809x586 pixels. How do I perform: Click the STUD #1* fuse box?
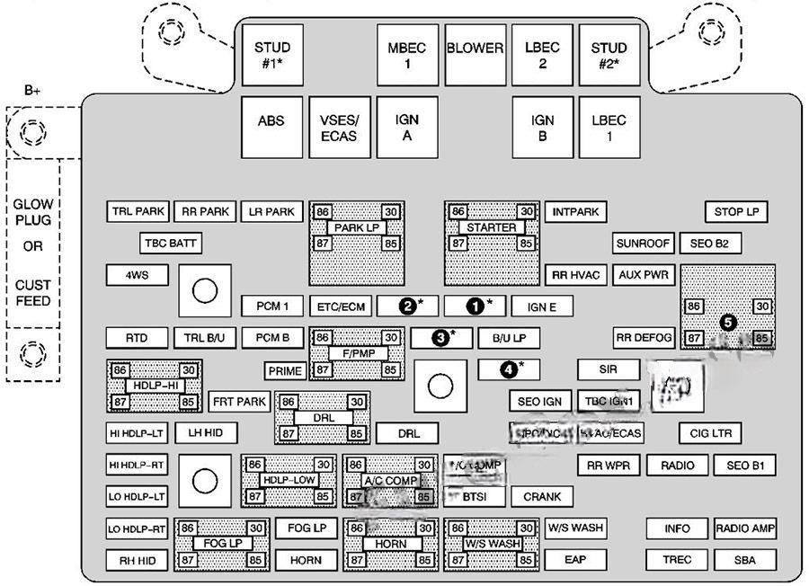click(271, 55)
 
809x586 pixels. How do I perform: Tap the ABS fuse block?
click(271, 127)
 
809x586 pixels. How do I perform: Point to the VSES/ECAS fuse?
click(339, 127)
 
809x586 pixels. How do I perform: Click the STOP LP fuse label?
click(736, 212)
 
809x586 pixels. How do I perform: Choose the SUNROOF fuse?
click(643, 243)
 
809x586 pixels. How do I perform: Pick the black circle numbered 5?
click(727, 321)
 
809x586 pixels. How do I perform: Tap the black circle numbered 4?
click(508, 368)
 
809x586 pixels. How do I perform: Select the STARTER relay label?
click(492, 227)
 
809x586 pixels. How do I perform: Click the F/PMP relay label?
click(357, 353)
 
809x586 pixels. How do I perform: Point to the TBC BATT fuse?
click(170, 243)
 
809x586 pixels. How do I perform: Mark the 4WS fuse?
click(137, 275)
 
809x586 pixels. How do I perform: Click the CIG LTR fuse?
click(710, 433)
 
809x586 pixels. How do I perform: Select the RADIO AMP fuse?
click(745, 528)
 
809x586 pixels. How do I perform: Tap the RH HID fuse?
click(137, 560)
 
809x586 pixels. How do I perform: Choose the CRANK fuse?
click(542, 496)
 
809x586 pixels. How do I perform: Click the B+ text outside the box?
click(33, 90)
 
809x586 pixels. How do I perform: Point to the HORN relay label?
click(391, 544)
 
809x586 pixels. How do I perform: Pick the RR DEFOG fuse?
click(644, 337)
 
